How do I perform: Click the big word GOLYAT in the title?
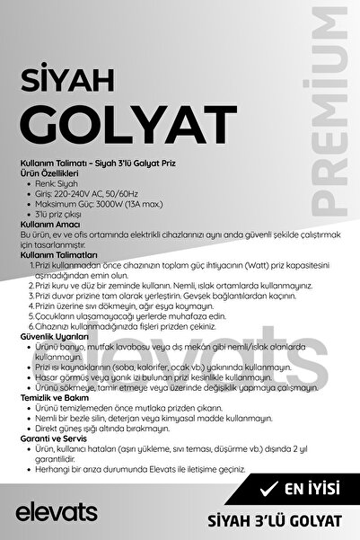pos(123,120)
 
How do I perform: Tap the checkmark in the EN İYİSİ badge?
pos(267,490)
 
